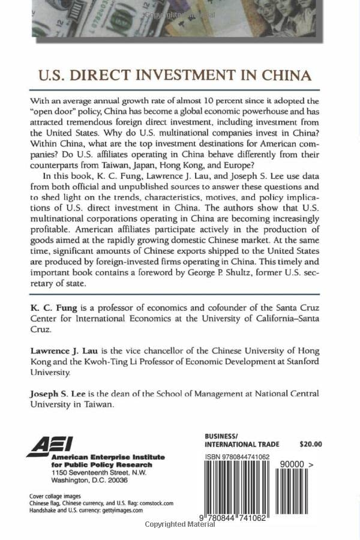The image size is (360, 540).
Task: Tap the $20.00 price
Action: [x=310, y=444]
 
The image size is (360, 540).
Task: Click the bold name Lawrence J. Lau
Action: [x=67, y=350]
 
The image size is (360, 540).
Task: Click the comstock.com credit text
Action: [x=153, y=503]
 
